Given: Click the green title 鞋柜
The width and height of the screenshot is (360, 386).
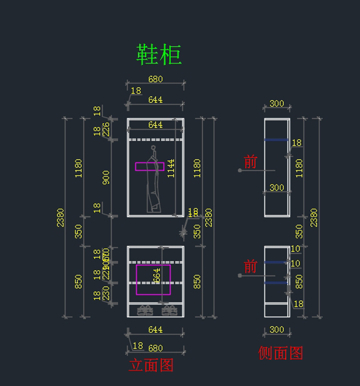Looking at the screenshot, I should [x=159, y=55].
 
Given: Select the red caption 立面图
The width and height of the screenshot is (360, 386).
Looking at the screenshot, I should [x=151, y=365].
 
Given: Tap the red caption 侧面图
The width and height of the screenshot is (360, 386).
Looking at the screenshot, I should [x=280, y=353].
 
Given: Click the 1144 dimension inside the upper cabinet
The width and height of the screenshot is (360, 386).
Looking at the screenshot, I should [x=171, y=168].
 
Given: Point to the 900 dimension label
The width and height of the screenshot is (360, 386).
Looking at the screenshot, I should [x=106, y=177].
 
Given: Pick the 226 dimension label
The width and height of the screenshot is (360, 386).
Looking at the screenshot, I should [x=106, y=129].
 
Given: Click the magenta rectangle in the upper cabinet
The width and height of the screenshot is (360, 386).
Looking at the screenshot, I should [x=150, y=167].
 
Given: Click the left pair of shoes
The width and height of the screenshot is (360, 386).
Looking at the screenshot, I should [x=145, y=310].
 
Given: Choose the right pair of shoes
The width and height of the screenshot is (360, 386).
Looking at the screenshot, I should [x=169, y=310].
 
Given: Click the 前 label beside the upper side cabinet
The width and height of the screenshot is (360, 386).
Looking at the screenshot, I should [x=250, y=162].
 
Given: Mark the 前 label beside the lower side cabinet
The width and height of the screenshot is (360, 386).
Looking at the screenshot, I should [x=250, y=267].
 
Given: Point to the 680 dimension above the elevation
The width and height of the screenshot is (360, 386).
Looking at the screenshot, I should [x=155, y=79].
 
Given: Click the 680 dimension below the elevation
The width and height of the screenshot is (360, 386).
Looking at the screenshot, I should [x=155, y=348].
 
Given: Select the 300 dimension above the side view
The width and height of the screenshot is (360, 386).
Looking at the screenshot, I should [x=277, y=104].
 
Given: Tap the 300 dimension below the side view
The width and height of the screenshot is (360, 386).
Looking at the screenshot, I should [x=277, y=330].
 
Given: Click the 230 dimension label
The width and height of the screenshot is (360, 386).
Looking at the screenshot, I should [x=106, y=293].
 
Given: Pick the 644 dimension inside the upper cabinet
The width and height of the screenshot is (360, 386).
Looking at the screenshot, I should [x=155, y=125].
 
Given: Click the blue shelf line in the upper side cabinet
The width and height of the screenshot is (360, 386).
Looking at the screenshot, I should [x=276, y=140].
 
